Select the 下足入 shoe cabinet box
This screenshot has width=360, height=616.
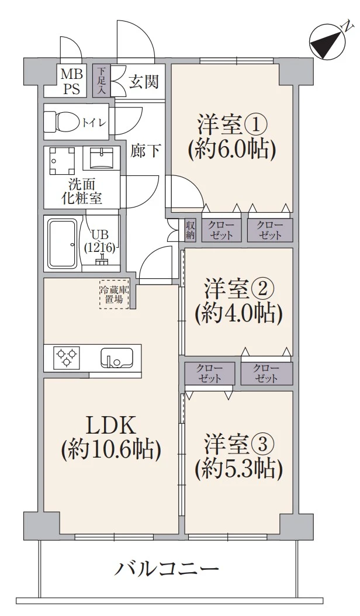[101, 81]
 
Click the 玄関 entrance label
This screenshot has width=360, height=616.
[143, 82]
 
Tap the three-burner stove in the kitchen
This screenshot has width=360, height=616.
[66, 357]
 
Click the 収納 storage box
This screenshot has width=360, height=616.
[191, 230]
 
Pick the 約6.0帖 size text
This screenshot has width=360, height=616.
[231, 151]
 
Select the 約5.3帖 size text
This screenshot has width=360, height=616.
[239, 468]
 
